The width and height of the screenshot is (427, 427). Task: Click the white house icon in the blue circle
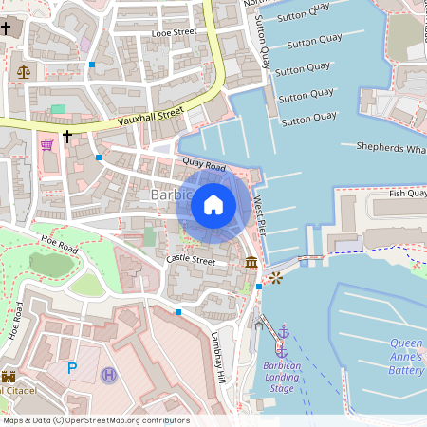pos(213,204)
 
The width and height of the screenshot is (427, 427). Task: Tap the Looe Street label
pos(173,33)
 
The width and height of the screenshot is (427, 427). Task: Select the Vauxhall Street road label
pos(150,117)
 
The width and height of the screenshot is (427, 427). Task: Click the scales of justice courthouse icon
pos(23,72)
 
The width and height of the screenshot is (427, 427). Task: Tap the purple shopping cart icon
pos(46,144)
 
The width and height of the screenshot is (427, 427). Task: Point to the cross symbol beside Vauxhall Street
pos(67,137)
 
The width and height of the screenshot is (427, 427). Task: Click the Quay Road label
pos(204,167)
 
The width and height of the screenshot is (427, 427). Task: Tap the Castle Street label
pos(192,259)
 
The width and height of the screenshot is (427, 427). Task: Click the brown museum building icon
pos(251,262)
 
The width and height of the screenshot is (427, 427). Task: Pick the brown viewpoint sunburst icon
pos(275,277)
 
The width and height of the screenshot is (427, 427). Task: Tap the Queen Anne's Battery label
pos(406,356)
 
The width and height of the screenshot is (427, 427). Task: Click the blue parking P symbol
pos(71,368)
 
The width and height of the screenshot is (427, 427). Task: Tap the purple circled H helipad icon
pos(109,376)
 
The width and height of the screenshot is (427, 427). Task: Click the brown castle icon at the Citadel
pos(9,376)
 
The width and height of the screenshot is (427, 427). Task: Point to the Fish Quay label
pos(408,194)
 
